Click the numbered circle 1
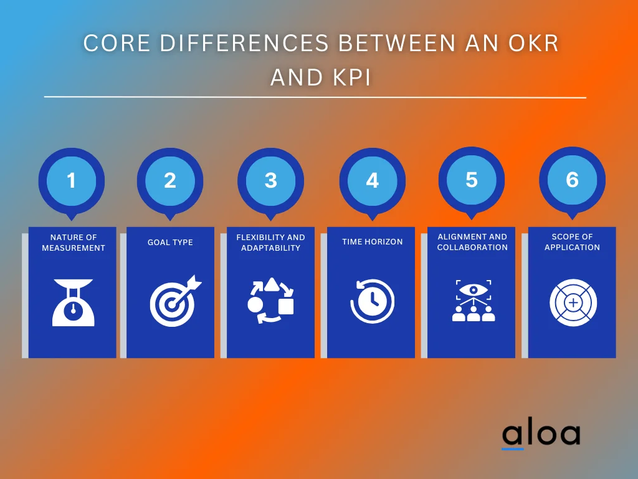72,181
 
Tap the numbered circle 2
170,181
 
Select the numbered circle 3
270,181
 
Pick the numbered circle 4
372,181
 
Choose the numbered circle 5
472,180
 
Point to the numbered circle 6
572,180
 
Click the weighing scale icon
73,302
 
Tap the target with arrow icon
173,302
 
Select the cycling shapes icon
270,301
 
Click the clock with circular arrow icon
372,302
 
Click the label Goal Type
170,243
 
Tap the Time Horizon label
372,242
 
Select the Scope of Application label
572,242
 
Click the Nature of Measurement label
74,243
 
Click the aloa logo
540,435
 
